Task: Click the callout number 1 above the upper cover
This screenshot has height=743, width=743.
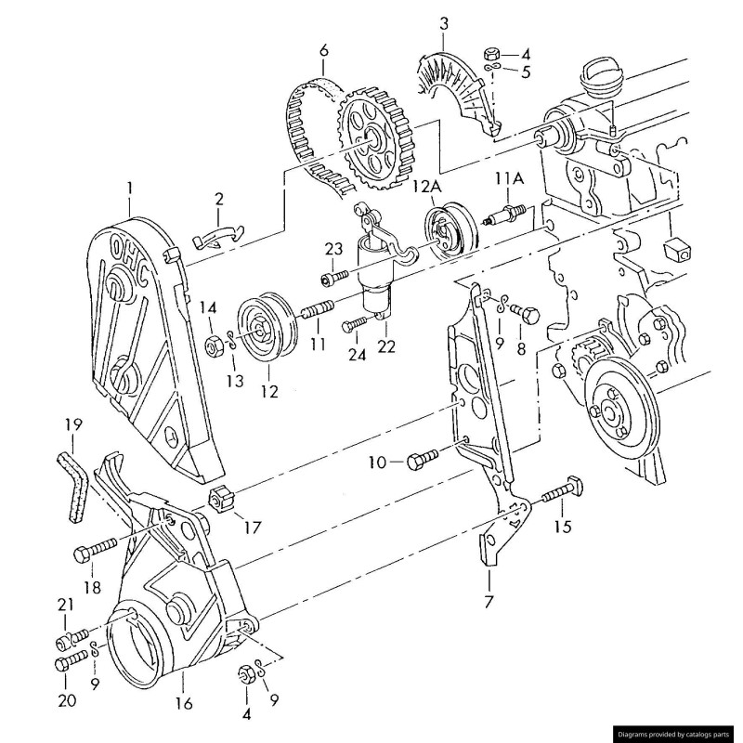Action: tap(129, 189)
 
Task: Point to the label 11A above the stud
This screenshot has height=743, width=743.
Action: tap(511, 178)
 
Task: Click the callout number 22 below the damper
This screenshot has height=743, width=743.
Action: tap(386, 346)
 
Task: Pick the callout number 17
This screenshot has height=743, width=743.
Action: tap(252, 528)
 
